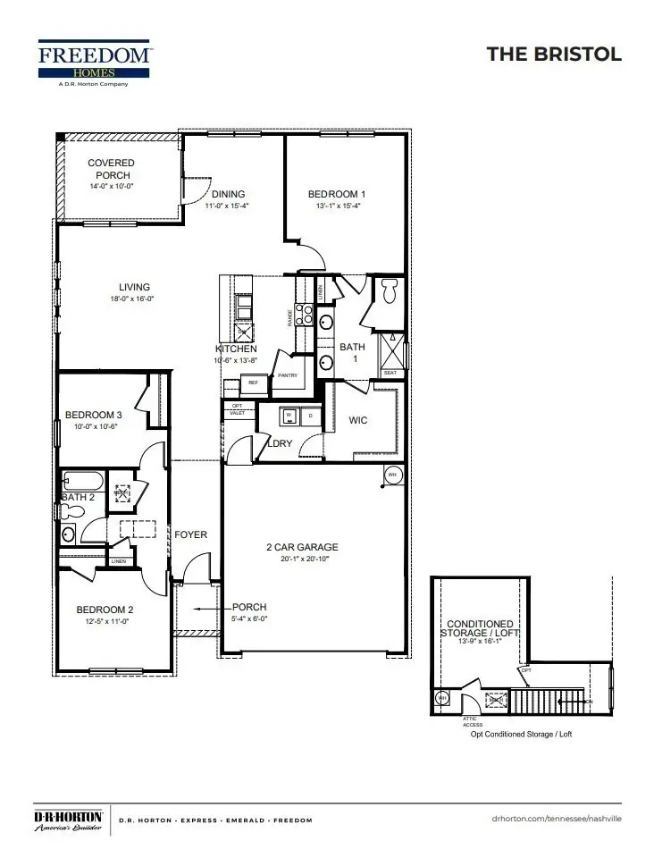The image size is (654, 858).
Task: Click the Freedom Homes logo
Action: point(96,63)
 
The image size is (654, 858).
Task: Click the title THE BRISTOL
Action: point(553,55)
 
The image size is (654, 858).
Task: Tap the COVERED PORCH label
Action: point(112,169)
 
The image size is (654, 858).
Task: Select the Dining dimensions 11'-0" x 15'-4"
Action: point(227,206)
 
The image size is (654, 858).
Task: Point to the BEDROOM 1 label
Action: point(336,194)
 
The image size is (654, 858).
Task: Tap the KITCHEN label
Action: point(236,349)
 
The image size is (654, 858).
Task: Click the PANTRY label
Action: point(288,375)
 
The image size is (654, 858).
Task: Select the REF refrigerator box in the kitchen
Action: point(253,383)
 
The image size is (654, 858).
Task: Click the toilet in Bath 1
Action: point(389,291)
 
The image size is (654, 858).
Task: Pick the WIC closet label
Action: point(359,420)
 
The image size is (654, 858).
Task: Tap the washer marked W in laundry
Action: point(289,416)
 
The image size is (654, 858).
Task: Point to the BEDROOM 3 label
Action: point(93,415)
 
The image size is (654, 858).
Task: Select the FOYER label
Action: point(190,534)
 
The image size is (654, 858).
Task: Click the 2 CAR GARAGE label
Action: point(302,547)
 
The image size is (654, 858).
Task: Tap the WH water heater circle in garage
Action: point(391,474)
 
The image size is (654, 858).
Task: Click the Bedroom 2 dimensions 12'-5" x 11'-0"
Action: point(105,621)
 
